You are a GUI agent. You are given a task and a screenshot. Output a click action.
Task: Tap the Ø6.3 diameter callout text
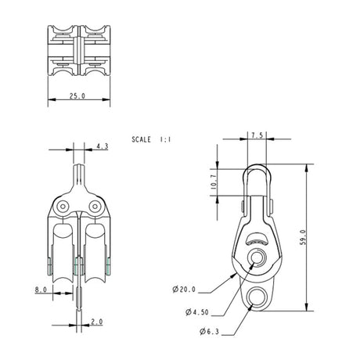point(211,333)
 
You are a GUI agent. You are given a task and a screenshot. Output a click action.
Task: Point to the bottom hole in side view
point(257,296)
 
